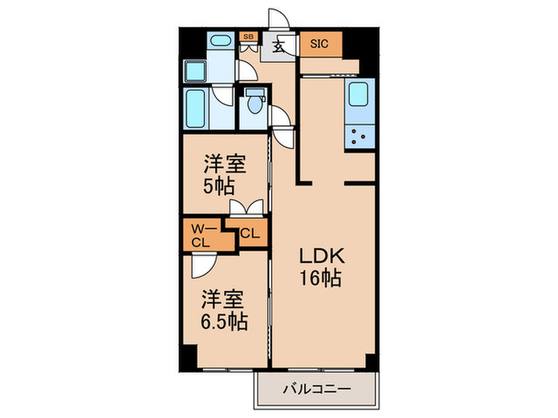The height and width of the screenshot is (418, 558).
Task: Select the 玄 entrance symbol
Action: (x=279, y=45)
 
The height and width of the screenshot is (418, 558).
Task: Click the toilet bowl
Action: (x=255, y=104)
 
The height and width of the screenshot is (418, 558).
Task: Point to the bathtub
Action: (x=196, y=109)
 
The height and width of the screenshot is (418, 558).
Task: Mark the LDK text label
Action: (x=321, y=257)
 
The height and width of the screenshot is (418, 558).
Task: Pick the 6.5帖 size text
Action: (x=223, y=322)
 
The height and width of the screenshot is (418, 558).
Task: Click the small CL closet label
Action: (x=250, y=234)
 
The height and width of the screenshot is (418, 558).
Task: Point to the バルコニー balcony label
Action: (x=314, y=391)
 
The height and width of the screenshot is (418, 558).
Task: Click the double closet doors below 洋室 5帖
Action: (x=244, y=209)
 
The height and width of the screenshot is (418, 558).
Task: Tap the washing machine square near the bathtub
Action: (x=196, y=71)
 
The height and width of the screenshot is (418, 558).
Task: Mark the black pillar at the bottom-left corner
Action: (x=186, y=360)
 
